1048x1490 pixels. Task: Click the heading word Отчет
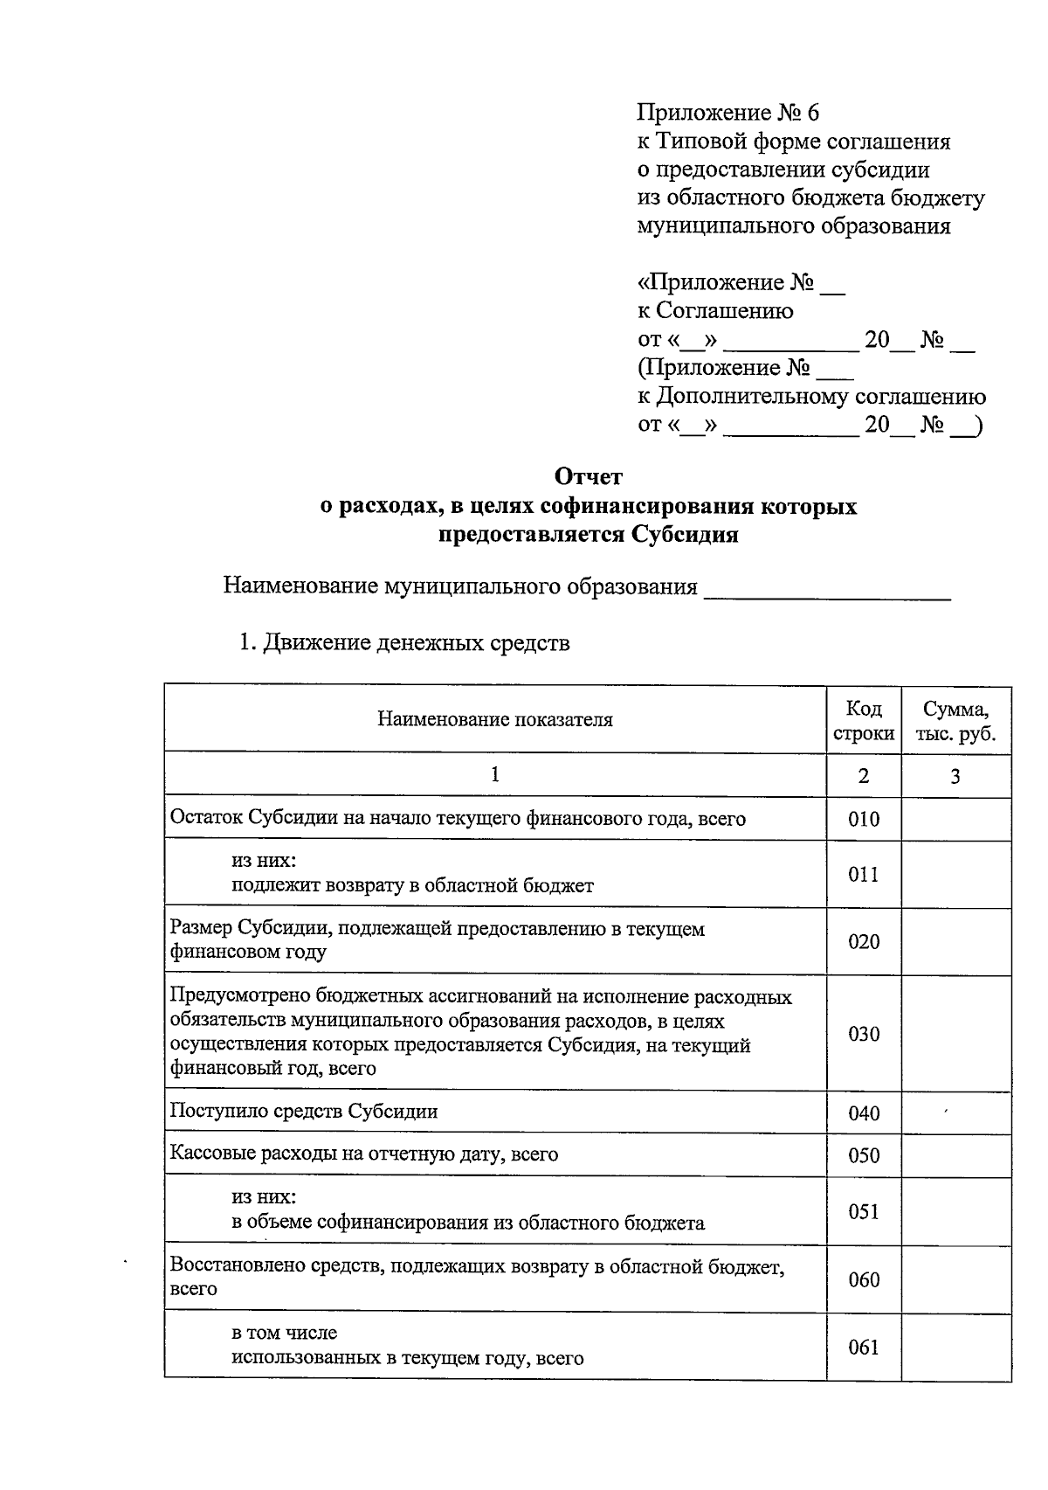pyautogui.click(x=589, y=477)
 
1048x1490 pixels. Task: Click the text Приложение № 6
pyautogui.click(x=728, y=113)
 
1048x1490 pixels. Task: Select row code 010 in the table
pyautogui.click(x=863, y=820)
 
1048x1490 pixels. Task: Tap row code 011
pyautogui.click(x=863, y=875)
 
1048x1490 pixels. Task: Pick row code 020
pyautogui.click(x=863, y=942)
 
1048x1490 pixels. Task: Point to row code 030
pyautogui.click(x=863, y=1034)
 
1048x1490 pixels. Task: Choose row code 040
pyautogui.click(x=863, y=1113)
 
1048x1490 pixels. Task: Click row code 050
pyautogui.click(x=863, y=1155)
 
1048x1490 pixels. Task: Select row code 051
pyautogui.click(x=863, y=1211)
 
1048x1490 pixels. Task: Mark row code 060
pyautogui.click(x=863, y=1279)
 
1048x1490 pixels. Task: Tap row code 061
pyautogui.click(x=863, y=1347)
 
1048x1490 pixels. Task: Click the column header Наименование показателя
pyautogui.click(x=495, y=720)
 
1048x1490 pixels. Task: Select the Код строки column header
pyautogui.click(x=863, y=720)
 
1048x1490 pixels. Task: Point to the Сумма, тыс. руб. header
pyautogui.click(x=955, y=720)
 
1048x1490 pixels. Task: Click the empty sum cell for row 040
pyautogui.click(x=955, y=1113)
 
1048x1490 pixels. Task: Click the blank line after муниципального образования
pyautogui.click(x=826, y=590)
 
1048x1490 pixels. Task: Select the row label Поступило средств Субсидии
pyautogui.click(x=304, y=1112)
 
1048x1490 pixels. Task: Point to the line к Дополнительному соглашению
pyautogui.click(x=811, y=397)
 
